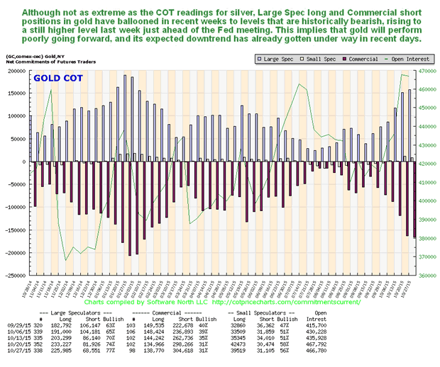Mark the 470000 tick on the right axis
[x=429, y=71]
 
